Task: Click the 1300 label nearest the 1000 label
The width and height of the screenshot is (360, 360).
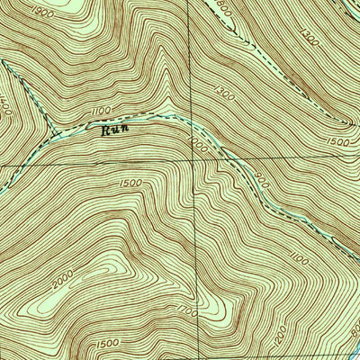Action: click(x=225, y=94)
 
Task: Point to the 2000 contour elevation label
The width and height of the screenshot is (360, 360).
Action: click(x=61, y=283)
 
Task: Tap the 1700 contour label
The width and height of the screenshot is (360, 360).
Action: click(x=187, y=310)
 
